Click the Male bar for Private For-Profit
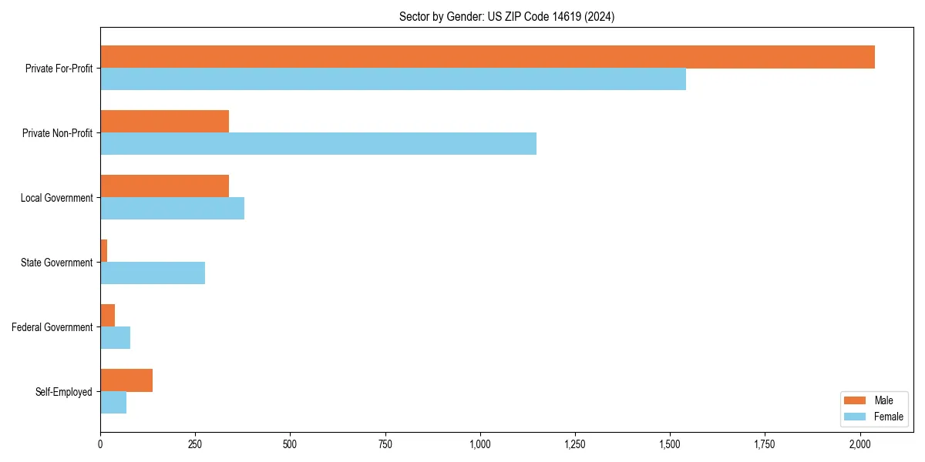click(x=487, y=57)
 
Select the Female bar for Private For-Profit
click(x=393, y=79)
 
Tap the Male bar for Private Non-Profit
click(x=165, y=122)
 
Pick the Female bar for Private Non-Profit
click(x=318, y=144)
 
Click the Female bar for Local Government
click(x=173, y=209)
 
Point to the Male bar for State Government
click(x=104, y=251)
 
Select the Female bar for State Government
click(x=153, y=273)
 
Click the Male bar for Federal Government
click(x=108, y=316)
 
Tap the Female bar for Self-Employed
click(x=113, y=403)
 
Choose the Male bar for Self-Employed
click(x=126, y=380)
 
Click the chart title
click(x=506, y=16)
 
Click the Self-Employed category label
click(x=64, y=392)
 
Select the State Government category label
click(x=57, y=263)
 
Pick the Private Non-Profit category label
click(x=58, y=133)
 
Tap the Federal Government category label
click(x=52, y=327)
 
